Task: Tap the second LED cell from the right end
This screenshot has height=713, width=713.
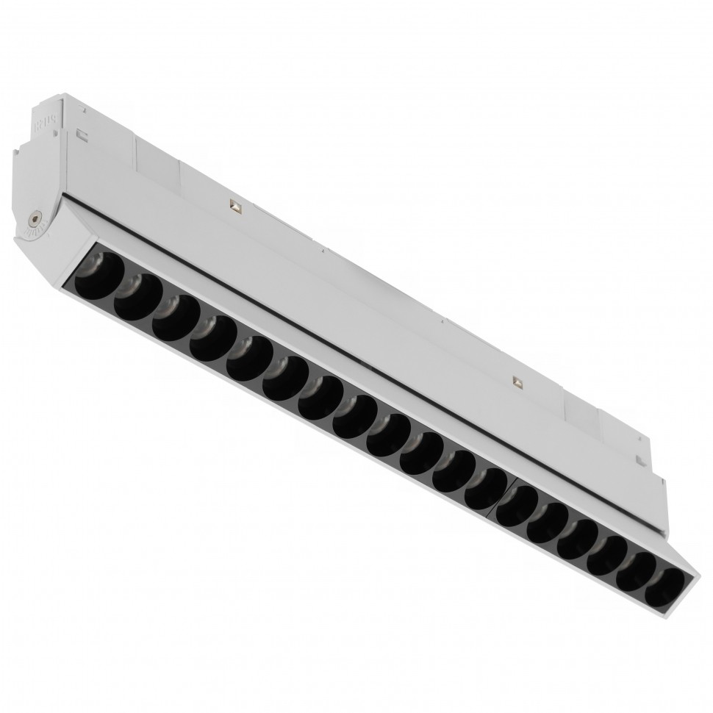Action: click(x=634, y=565)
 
